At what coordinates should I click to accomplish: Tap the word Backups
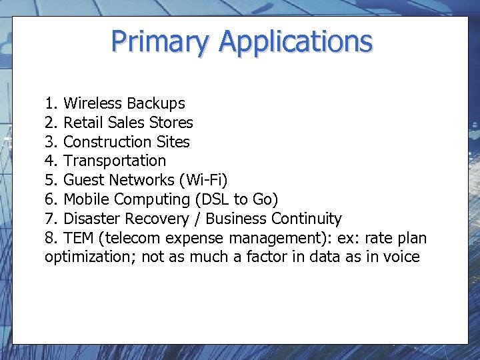point(155,103)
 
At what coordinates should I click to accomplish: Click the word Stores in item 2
point(171,123)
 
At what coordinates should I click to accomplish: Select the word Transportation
point(115,161)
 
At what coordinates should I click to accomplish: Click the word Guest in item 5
point(84,180)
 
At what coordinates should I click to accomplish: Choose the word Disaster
point(91,219)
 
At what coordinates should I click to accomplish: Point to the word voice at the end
point(402,257)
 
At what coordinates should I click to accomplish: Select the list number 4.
point(50,161)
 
